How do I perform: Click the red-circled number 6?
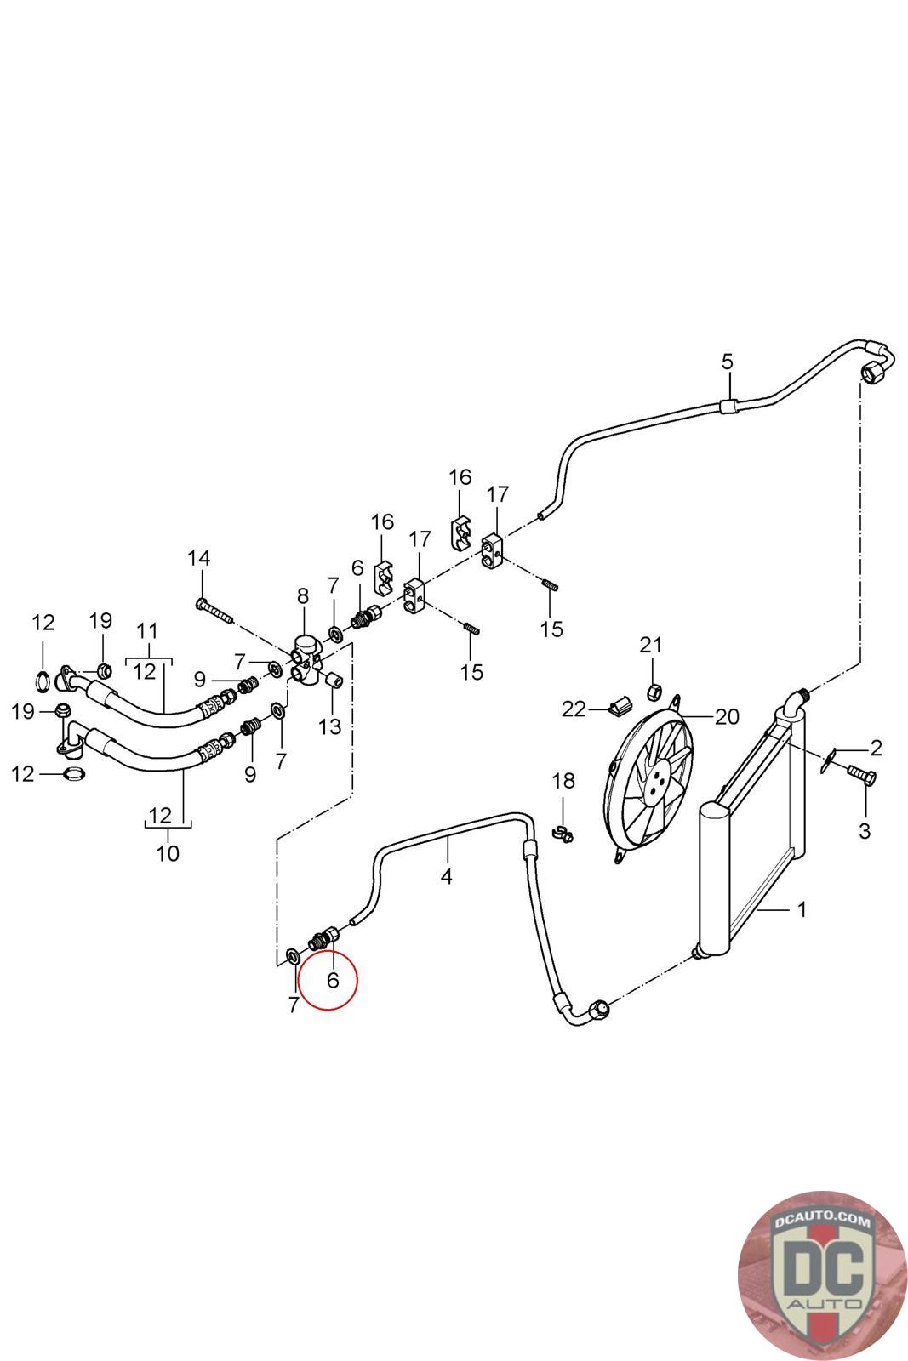point(333,980)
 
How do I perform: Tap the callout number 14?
point(199,558)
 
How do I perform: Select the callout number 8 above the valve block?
point(303,596)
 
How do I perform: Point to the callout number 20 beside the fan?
point(727,717)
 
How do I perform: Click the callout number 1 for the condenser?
point(802,909)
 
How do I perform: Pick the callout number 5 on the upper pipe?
point(728,362)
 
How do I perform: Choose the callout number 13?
point(330,726)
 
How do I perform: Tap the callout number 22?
point(574,709)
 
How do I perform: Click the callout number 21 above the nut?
point(650,645)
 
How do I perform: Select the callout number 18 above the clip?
point(563,781)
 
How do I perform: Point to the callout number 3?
point(865,830)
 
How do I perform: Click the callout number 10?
point(168,854)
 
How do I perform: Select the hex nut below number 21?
point(654,692)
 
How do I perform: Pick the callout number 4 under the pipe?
point(447,877)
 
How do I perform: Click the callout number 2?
point(876,748)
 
